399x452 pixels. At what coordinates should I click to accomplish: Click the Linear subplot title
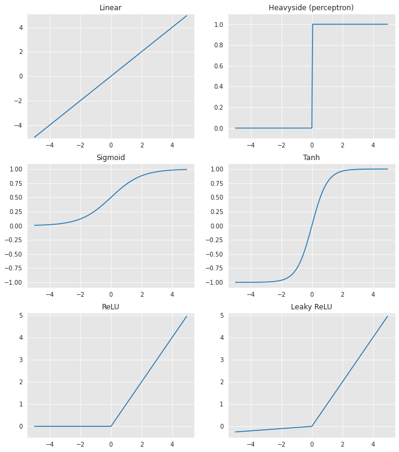(110, 7)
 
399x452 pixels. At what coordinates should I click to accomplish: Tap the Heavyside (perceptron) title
(311, 7)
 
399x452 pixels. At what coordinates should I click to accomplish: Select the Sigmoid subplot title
(110, 158)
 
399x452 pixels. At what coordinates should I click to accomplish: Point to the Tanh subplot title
(311, 158)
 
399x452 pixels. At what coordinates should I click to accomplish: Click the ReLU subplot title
(110, 307)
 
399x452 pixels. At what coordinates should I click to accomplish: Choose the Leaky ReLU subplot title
(311, 307)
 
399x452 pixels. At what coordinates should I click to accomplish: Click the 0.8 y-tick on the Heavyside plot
(218, 46)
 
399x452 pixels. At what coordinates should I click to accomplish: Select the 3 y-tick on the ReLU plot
(20, 360)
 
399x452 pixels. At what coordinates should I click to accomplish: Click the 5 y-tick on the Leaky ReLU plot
(221, 315)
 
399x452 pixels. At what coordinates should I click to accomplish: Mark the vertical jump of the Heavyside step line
(312, 76)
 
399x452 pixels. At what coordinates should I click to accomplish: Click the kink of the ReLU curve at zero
(111, 426)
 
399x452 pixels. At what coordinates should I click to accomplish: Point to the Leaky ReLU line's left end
(235, 432)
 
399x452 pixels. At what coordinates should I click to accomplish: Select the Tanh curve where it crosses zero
(312, 226)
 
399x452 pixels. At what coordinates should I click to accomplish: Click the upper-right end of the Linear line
(187, 16)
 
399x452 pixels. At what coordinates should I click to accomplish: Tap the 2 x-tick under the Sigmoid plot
(142, 295)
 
